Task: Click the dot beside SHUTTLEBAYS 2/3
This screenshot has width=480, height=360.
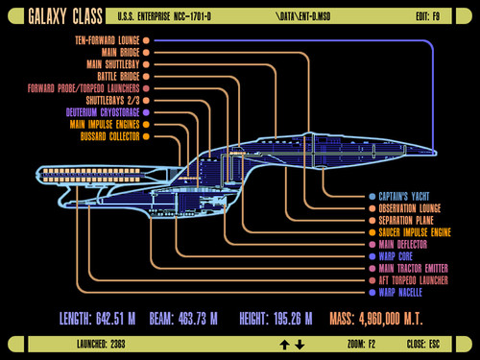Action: pos(146,100)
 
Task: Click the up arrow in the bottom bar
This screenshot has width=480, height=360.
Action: pos(284,344)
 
